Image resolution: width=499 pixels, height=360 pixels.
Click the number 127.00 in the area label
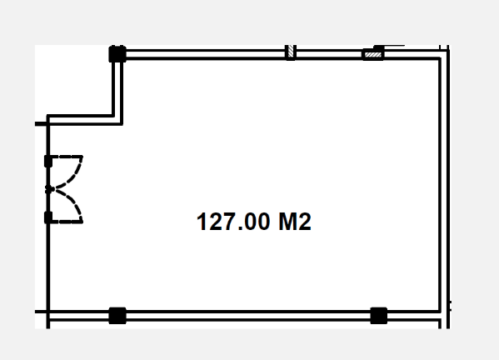(233, 222)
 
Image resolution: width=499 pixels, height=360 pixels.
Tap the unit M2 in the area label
(295, 222)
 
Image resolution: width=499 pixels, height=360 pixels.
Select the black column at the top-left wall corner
(117, 54)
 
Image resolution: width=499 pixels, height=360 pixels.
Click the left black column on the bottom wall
(117, 316)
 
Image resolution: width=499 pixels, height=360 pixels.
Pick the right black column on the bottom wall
(379, 316)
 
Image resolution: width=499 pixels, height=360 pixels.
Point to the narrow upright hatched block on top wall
(290, 52)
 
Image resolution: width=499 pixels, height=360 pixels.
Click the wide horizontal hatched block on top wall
(373, 55)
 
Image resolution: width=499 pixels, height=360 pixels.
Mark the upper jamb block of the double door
(48, 161)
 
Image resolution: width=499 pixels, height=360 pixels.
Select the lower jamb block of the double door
(48, 217)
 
